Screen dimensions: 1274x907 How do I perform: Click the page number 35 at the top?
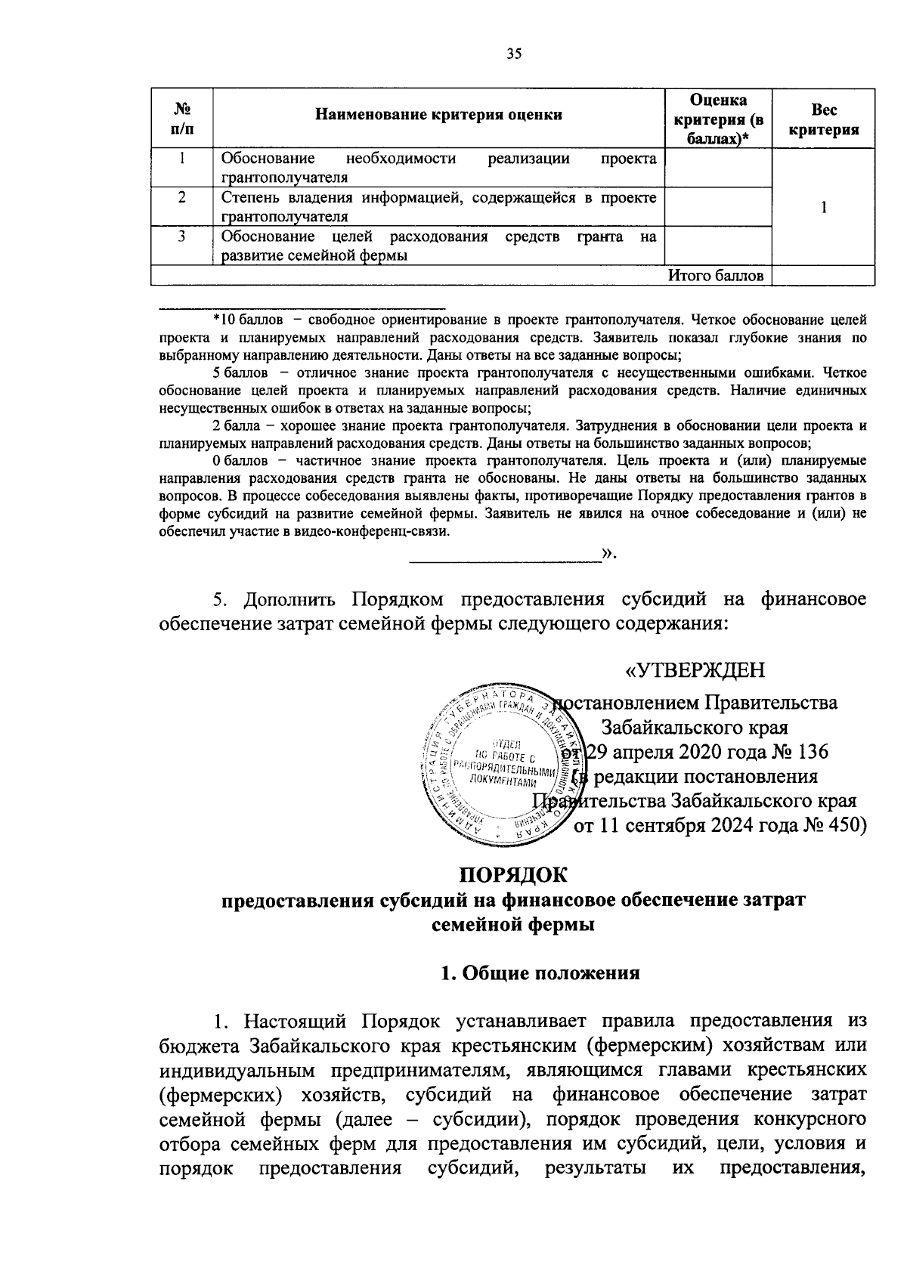point(514,54)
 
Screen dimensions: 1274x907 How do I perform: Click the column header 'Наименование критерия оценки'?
point(438,115)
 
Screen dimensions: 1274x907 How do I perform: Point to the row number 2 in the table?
point(182,199)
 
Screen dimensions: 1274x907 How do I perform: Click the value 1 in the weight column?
point(824,207)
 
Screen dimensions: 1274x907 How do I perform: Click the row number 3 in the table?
point(182,237)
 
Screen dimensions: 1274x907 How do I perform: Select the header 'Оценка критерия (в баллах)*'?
point(718,119)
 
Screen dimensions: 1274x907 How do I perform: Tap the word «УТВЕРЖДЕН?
point(695,670)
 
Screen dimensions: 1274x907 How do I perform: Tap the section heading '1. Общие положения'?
point(540,973)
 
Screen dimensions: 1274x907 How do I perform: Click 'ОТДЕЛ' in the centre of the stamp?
point(504,744)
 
